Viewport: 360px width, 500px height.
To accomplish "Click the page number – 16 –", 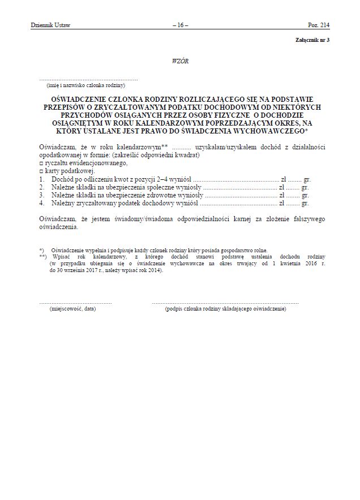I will (179, 25).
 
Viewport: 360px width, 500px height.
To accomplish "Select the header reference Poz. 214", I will (318, 25).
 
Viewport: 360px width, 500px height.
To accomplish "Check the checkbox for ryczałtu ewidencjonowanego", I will (41, 163).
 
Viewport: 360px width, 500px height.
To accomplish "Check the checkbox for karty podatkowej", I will (41, 170).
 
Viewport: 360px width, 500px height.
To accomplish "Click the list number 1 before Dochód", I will (41, 178).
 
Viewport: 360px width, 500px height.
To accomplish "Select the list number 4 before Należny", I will (41, 202).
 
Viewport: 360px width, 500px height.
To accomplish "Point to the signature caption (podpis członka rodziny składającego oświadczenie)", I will (225, 309).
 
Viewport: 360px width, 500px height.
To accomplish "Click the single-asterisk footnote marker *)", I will (42, 250).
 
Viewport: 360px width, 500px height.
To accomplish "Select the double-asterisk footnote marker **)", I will (43, 256).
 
